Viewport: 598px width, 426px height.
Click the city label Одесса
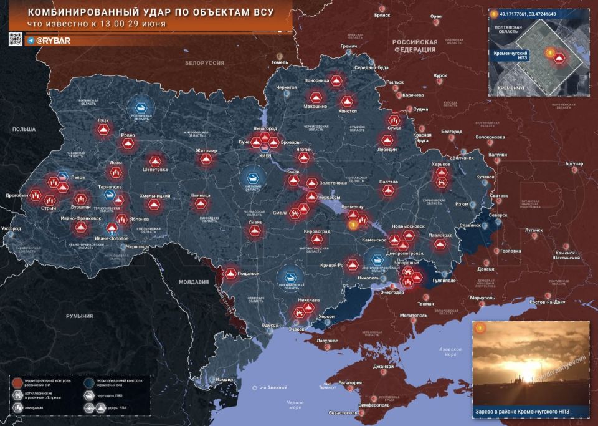270,325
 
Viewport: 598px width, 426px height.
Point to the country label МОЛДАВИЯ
193,282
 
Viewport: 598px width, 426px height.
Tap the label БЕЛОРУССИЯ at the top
204,63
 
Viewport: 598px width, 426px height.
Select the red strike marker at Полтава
389,190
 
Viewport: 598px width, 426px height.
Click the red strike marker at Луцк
103,130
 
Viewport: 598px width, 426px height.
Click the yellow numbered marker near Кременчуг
353,225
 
